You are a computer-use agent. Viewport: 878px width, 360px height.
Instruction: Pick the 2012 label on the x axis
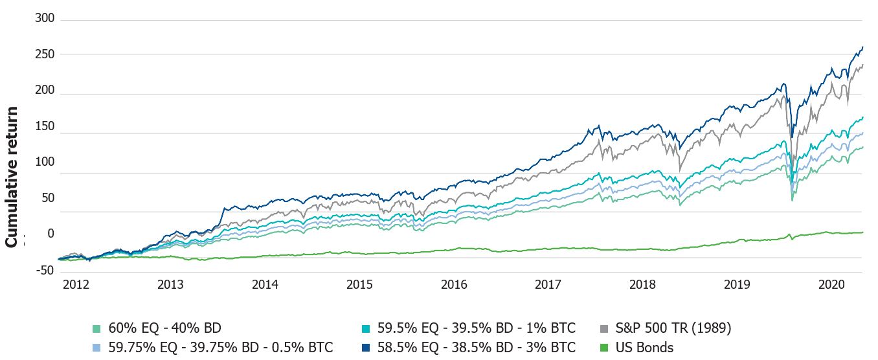point(76,284)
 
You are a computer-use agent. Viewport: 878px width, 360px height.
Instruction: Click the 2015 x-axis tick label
point(359,284)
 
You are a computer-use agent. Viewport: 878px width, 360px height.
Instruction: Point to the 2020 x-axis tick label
point(831,284)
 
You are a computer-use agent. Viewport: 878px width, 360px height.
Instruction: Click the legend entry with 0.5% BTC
point(218,348)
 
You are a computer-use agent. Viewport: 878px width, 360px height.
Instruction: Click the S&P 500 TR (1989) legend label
point(673,328)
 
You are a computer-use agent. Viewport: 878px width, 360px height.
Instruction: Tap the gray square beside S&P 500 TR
point(605,329)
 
